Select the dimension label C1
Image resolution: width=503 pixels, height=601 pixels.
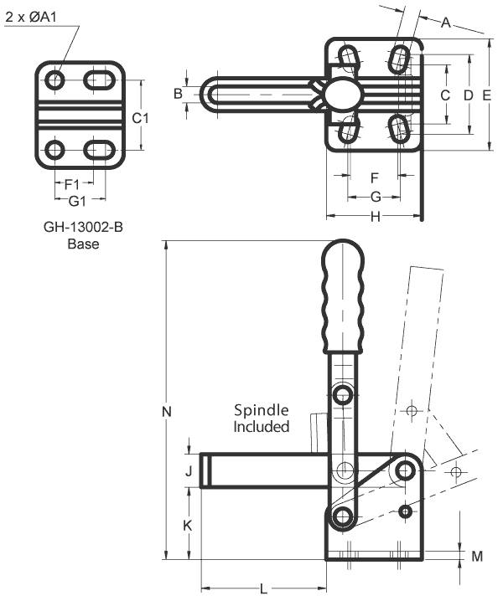point(142,118)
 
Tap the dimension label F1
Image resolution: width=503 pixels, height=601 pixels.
point(72,183)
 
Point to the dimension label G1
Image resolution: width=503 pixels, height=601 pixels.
point(78,201)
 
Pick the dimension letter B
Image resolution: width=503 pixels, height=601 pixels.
point(178,93)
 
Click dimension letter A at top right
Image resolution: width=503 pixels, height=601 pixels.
point(446,23)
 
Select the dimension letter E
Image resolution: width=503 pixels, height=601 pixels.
point(487,95)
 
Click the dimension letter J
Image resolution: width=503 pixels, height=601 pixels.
point(189,471)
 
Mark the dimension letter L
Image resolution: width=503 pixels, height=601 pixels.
point(263,589)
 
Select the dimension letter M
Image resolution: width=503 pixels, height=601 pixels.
point(477,556)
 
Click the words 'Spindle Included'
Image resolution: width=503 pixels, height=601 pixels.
point(261,419)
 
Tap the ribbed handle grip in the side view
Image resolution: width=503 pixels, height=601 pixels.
point(343,296)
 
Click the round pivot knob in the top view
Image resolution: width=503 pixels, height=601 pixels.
point(342,94)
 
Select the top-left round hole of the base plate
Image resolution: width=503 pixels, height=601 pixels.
point(55,81)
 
